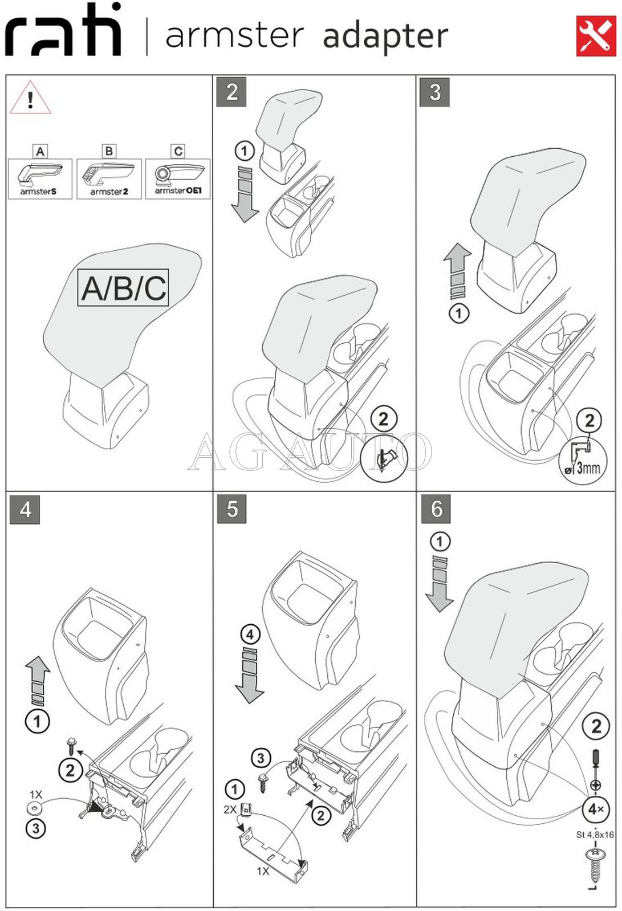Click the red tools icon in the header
[596, 36]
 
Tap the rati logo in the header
[63, 31]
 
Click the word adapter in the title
[385, 36]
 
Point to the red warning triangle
[30, 98]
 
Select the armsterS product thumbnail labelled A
[40, 178]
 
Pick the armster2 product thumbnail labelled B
[109, 178]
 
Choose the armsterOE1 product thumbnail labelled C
[178, 178]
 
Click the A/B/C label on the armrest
[123, 287]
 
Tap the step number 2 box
[231, 92]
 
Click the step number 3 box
[434, 92]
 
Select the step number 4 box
[25, 509]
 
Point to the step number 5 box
[231, 509]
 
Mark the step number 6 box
[436, 509]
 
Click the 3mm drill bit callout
[582, 462]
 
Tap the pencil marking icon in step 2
[384, 458]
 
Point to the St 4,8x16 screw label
[595, 835]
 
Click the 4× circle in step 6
[596, 809]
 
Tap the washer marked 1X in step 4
[35, 808]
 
